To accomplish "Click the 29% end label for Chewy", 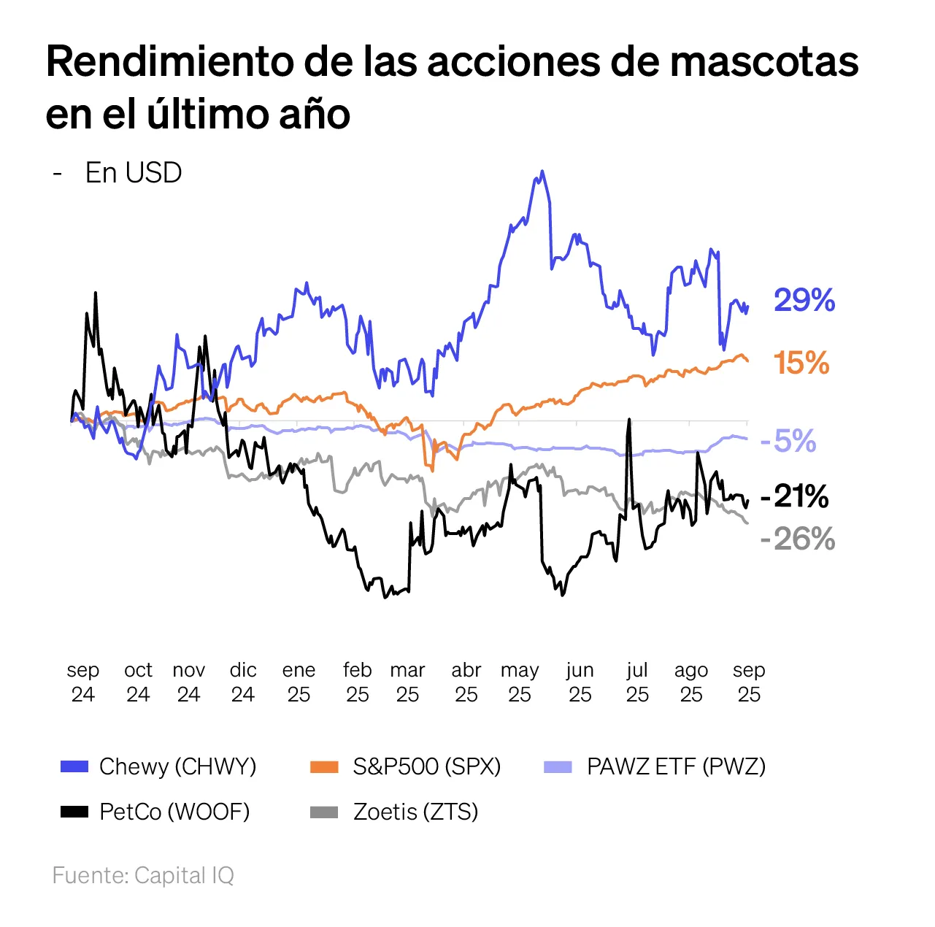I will [x=804, y=301].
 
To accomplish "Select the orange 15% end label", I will [x=801, y=364].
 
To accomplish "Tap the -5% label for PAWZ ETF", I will [x=788, y=441].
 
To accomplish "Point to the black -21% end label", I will [x=794, y=497].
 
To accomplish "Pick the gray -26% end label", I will [x=797, y=539].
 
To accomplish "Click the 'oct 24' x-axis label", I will [x=138, y=682].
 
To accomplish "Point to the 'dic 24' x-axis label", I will [x=243, y=682].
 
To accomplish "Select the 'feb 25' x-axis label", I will [x=358, y=682].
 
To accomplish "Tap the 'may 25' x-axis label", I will [x=520, y=682].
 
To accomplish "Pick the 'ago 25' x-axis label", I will [x=691, y=682].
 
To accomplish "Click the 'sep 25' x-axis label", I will [x=749, y=682].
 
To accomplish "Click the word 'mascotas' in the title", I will [x=764, y=61].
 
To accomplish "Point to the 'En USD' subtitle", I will [x=134, y=173].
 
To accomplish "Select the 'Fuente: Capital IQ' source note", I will [x=143, y=875].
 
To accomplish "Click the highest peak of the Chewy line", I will [x=542, y=172].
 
